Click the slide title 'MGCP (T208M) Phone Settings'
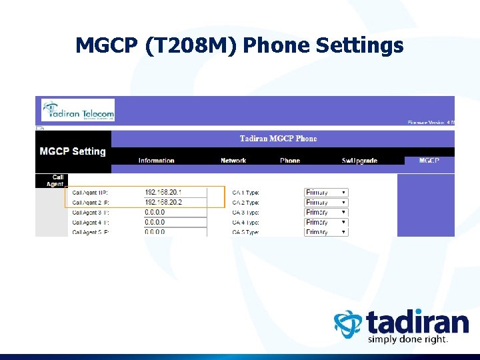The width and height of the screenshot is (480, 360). pyautogui.click(x=239, y=45)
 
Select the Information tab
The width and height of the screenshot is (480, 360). pyautogui.click(x=156, y=161)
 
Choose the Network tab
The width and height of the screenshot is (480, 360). pyautogui.click(x=233, y=161)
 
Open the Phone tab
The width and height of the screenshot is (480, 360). pyautogui.click(x=290, y=161)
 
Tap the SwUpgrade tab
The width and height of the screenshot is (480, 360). pyautogui.click(x=359, y=161)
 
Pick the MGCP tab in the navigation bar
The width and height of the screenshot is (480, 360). pyautogui.click(x=429, y=161)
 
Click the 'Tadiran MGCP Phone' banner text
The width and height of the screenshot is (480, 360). pyautogui.click(x=278, y=139)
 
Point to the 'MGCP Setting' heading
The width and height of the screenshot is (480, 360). pyautogui.click(x=73, y=151)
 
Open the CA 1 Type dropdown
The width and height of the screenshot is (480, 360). pyautogui.click(x=326, y=193)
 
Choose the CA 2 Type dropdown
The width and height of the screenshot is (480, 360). pyautogui.click(x=326, y=203)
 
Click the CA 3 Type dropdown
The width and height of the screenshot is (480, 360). pyautogui.click(x=326, y=213)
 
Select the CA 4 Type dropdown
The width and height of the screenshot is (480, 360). pyautogui.click(x=326, y=223)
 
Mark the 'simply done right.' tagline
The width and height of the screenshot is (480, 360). pyautogui.click(x=408, y=339)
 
